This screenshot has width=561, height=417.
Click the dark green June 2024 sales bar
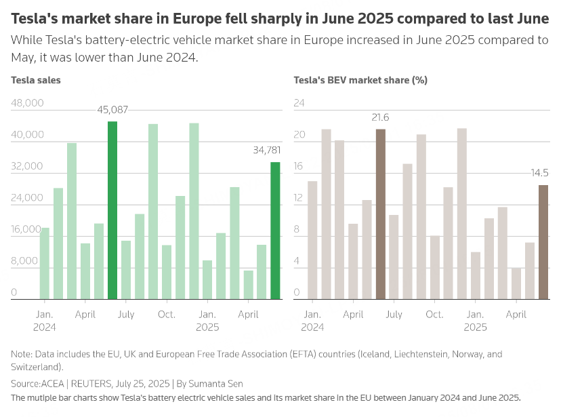tap(112, 210)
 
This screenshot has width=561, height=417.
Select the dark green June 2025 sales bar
tap(275, 231)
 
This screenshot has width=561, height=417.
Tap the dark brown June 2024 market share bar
tap(380, 214)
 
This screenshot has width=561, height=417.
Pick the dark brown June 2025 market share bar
tap(543, 242)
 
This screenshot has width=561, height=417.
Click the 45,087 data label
tap(112, 109)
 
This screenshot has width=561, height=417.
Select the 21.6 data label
tap(380, 117)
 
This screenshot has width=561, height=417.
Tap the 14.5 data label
tap(540, 173)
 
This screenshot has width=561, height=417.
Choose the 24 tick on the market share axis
tap(299, 103)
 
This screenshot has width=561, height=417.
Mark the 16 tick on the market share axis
tap(299, 166)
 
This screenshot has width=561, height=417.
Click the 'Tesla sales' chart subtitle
tap(36, 80)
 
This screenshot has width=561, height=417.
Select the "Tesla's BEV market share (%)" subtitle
tap(360, 80)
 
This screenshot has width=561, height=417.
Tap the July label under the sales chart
tap(126, 315)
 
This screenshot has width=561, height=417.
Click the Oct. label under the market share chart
tap(434, 315)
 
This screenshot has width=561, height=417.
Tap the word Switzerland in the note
tap(35, 367)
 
